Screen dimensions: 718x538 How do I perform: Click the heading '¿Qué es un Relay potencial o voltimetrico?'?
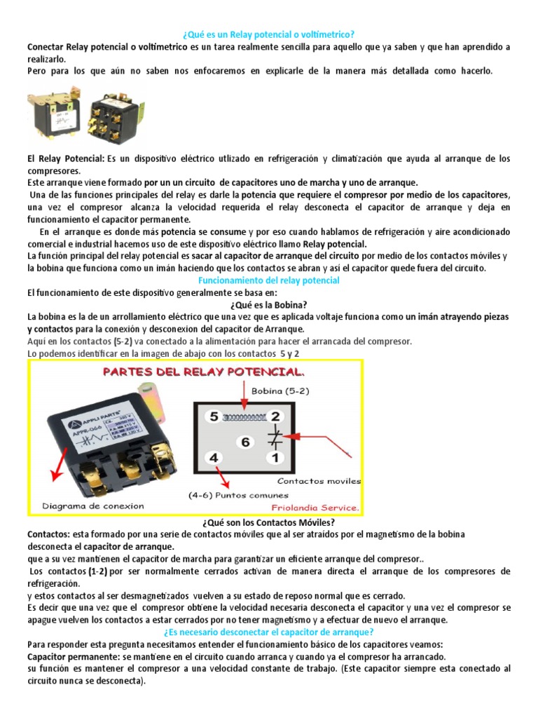tap(269, 34)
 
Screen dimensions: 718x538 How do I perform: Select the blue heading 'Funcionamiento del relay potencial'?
tap(269, 280)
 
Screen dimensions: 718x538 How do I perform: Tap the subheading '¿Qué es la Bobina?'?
tap(269, 304)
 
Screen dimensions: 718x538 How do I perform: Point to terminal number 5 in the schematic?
tap(214, 415)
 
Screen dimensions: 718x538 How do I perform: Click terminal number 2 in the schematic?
tap(275, 416)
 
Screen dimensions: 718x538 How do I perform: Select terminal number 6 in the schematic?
tap(244, 442)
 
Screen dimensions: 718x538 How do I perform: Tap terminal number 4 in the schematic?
tap(214, 459)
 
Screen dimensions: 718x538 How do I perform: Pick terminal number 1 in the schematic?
tap(275, 459)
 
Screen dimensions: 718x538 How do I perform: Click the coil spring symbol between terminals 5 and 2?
tap(242, 416)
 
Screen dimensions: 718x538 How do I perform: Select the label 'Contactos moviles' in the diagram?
tap(319, 481)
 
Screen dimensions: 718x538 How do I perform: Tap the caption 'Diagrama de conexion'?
tap(93, 506)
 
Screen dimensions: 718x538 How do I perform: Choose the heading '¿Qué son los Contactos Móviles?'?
tap(269, 522)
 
